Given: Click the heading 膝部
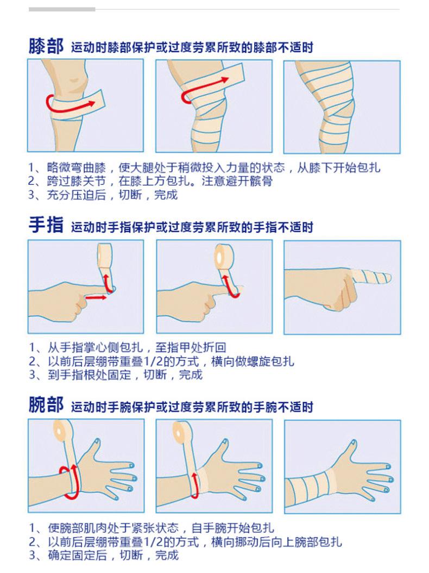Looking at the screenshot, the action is [46, 46].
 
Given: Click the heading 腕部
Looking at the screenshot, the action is [46, 404].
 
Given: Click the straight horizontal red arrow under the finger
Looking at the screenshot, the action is [96, 297].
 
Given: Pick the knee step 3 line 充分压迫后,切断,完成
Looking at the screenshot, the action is [103, 195].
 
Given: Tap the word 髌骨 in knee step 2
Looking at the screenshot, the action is [261, 181].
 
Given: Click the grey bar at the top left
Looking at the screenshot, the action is [62, 9].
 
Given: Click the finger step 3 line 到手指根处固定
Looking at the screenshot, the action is [89, 375].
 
